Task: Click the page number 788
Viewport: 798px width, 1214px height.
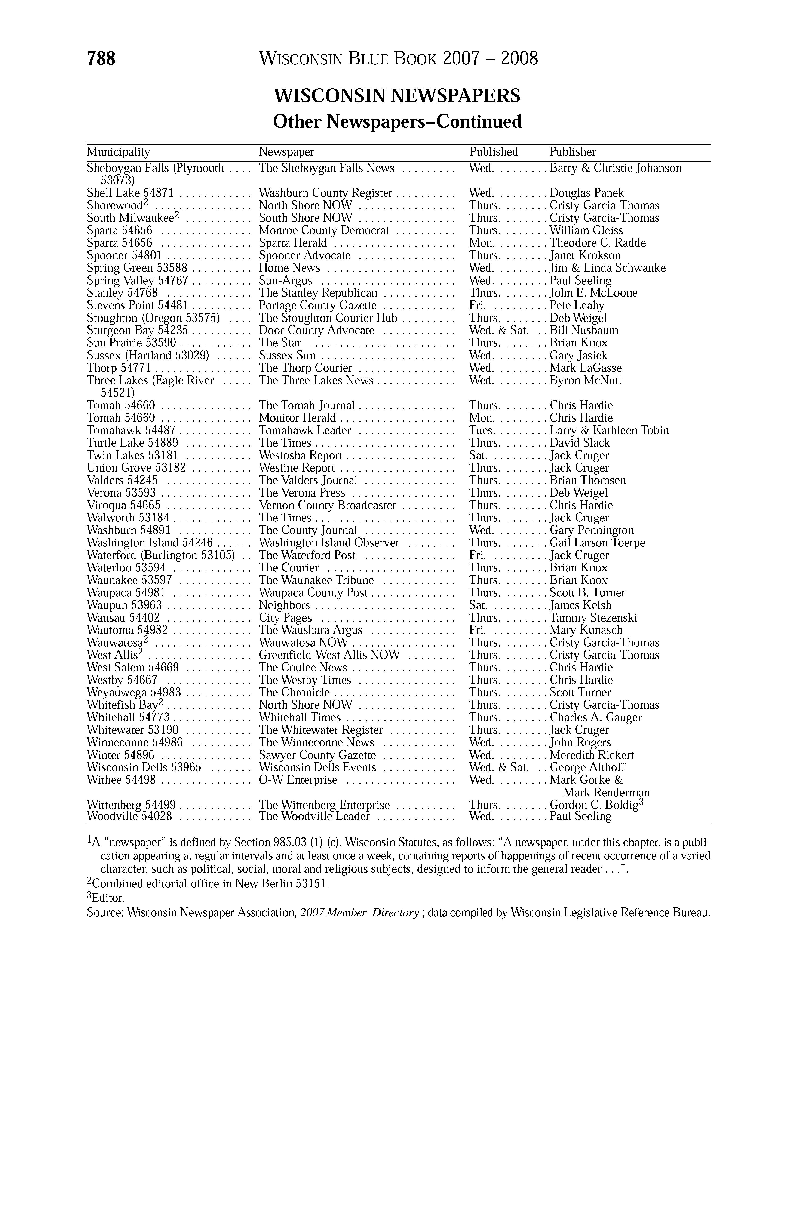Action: (x=101, y=59)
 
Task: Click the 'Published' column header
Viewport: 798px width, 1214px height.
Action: (x=493, y=152)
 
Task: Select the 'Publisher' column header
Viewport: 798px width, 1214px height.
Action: (x=572, y=152)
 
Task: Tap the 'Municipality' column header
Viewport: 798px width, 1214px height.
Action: (x=118, y=152)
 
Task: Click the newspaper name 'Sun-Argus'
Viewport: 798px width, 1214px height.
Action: (x=285, y=281)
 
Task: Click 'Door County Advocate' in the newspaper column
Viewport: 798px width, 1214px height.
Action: (x=316, y=331)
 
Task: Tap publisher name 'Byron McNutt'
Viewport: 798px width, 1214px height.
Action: (x=586, y=380)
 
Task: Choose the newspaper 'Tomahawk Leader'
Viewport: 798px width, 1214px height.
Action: (x=305, y=430)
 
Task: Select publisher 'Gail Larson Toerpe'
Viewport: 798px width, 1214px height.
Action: (x=597, y=543)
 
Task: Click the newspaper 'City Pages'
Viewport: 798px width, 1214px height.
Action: (x=285, y=618)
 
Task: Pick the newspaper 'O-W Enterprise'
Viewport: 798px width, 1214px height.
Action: (x=298, y=780)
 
